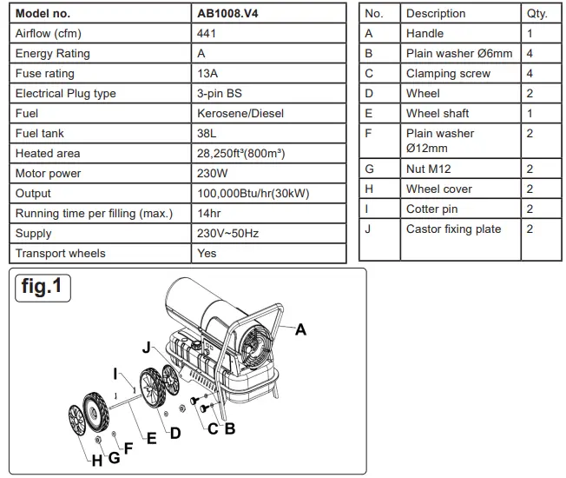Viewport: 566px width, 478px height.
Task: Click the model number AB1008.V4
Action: pyautogui.click(x=230, y=14)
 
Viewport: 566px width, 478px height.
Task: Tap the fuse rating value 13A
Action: pyautogui.click(x=208, y=74)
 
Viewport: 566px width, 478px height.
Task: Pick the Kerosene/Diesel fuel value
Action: pyautogui.click(x=240, y=114)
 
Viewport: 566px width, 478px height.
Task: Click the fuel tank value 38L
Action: pyautogui.click(x=208, y=134)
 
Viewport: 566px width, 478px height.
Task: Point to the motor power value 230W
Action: pyautogui.click(x=213, y=174)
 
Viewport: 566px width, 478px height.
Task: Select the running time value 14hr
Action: pyautogui.click(x=210, y=214)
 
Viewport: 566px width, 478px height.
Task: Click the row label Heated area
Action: pyautogui.click(x=48, y=154)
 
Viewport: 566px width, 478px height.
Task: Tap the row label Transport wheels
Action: pyautogui.click(x=60, y=254)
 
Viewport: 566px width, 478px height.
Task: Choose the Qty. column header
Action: pyautogui.click(x=537, y=14)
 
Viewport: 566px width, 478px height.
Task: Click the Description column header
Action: pyautogui.click(x=436, y=14)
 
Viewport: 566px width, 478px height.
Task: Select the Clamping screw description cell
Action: pyautogui.click(x=448, y=74)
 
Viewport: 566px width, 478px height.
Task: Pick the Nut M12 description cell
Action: pyautogui.click(x=429, y=169)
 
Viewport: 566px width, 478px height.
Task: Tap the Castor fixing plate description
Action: pyautogui.click(x=453, y=229)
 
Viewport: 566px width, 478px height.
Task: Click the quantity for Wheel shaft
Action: pyautogui.click(x=530, y=114)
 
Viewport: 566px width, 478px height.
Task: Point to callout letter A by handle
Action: pyautogui.click(x=300, y=329)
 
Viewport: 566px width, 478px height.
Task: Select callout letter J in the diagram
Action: pyautogui.click(x=147, y=348)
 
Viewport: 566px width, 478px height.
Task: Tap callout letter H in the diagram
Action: pyautogui.click(x=96, y=461)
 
